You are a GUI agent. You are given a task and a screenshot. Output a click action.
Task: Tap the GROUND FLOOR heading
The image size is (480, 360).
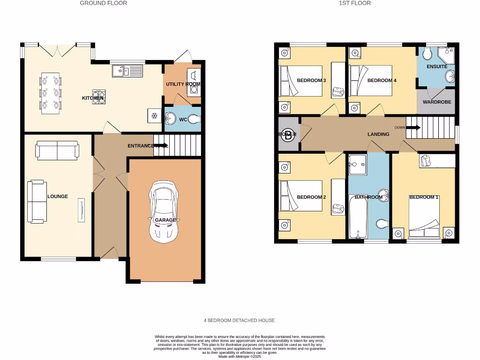click(x=103, y=3)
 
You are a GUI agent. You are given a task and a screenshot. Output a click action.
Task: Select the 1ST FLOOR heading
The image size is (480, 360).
click(x=355, y=3)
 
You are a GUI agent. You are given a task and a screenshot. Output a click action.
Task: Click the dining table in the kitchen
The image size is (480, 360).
click(x=51, y=93)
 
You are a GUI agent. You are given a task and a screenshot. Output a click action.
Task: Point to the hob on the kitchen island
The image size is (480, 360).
click(x=98, y=96)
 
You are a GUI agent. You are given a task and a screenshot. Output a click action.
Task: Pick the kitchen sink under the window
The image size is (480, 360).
click(x=127, y=71)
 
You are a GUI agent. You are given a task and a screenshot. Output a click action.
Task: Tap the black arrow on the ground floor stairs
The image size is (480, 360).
click(x=161, y=145)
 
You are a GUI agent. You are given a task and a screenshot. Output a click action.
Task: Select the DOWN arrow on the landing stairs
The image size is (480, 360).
click(x=413, y=127)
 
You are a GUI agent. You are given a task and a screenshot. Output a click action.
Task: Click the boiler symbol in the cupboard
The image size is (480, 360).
click(x=287, y=134)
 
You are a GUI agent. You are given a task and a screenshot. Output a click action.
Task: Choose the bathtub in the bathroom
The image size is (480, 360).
click(x=358, y=217)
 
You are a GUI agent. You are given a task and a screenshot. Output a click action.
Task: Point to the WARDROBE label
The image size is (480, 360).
click(x=437, y=102)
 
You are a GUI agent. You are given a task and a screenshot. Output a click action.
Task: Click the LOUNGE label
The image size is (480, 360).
click(x=58, y=196)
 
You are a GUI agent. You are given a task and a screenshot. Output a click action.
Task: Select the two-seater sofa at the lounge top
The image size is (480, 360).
click(x=57, y=150)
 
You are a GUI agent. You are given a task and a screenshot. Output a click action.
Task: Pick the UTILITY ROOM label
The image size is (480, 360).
click(x=183, y=84)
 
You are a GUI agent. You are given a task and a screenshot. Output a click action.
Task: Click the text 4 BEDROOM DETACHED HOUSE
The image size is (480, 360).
click(x=239, y=321)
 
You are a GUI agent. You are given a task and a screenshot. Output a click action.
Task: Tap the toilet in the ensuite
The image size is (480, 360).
click(x=427, y=54)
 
